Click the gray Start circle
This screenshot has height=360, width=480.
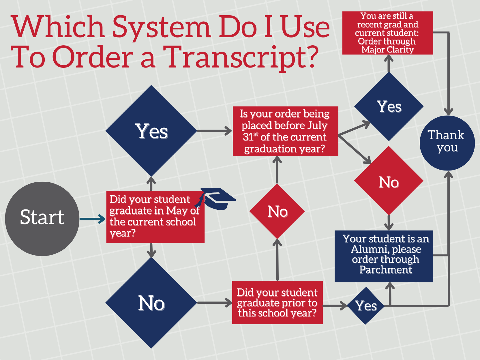click(42, 219)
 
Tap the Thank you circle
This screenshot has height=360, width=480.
click(447, 143)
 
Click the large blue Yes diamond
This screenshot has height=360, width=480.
click(151, 131)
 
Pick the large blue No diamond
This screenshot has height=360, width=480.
click(151, 303)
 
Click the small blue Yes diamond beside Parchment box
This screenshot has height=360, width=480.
click(366, 306)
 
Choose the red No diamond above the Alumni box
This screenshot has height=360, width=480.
click(389, 181)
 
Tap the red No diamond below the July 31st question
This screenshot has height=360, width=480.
click(277, 211)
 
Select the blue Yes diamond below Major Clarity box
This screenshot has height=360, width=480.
click(389, 106)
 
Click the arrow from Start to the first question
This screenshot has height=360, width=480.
click(92, 219)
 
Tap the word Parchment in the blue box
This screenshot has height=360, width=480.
click(386, 270)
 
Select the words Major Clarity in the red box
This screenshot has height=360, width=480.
click(387, 50)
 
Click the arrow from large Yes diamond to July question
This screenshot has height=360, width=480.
click(214, 131)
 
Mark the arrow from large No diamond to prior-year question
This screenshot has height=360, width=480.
click(214, 303)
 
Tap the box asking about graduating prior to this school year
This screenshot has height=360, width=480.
click(277, 302)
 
